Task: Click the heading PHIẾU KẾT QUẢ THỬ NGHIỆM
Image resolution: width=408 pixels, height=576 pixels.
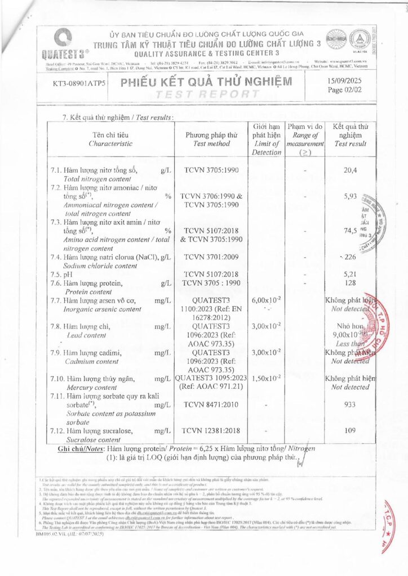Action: (206, 82)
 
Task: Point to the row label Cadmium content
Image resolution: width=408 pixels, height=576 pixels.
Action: (91, 361)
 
